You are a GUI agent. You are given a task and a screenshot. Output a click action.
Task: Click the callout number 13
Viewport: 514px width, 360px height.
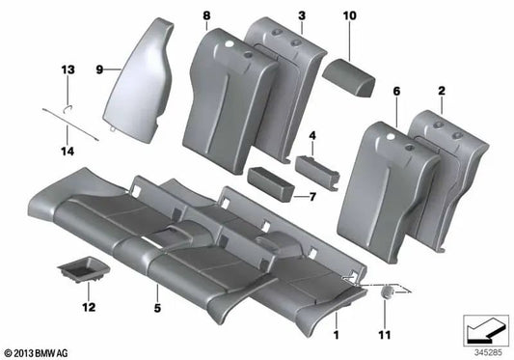coord(68,70)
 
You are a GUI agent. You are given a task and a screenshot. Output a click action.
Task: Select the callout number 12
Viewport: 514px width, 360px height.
coord(89,308)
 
